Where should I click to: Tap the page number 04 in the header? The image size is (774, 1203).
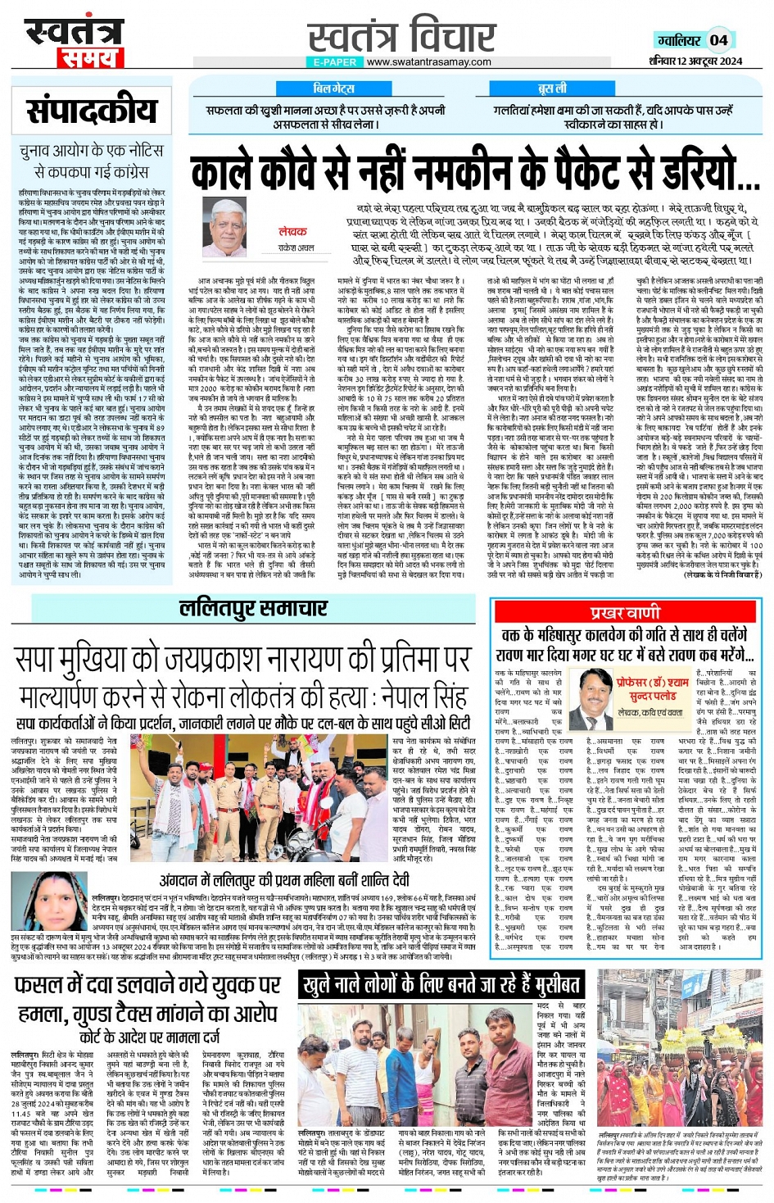click(x=718, y=40)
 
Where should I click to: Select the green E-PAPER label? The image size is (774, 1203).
click(x=334, y=61)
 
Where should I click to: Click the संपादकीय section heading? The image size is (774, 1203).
click(x=91, y=110)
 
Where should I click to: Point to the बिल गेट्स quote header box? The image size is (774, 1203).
click(x=333, y=89)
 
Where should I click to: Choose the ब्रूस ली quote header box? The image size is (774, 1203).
click(x=551, y=89)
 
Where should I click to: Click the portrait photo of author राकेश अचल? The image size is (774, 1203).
click(x=225, y=220)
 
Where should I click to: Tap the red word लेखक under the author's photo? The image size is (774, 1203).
click(x=292, y=232)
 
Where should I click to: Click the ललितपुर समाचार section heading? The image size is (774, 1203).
click(x=253, y=608)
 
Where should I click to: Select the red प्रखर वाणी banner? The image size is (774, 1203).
click(x=626, y=612)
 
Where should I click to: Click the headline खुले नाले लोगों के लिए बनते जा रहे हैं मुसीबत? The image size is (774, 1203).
click(x=442, y=984)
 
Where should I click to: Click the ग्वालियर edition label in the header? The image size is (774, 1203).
click(x=679, y=40)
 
